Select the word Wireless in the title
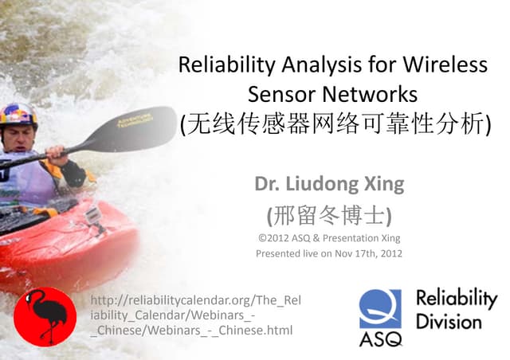(445, 65)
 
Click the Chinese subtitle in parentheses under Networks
(335, 124)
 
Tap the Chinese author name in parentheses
(329, 214)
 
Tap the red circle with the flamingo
(45, 316)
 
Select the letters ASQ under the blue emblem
(380, 339)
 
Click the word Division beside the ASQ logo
(448, 322)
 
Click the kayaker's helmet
(18, 112)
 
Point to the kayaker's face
(21, 136)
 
